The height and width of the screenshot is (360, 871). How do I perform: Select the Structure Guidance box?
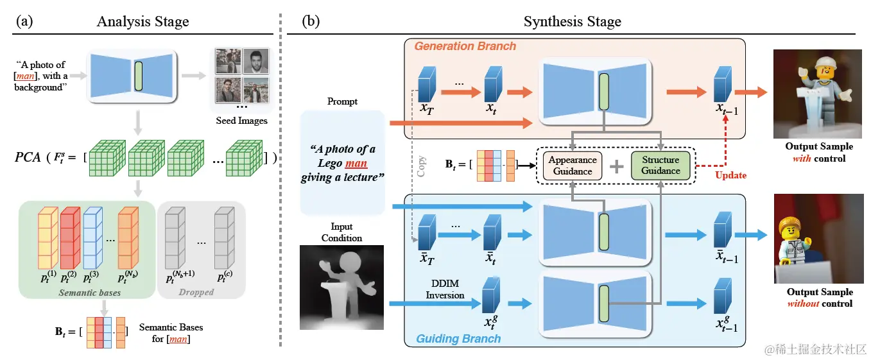click(x=660, y=165)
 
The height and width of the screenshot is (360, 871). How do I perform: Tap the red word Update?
click(x=731, y=175)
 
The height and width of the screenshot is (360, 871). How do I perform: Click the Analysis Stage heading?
click(x=143, y=22)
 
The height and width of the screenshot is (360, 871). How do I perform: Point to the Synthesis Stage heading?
click(x=572, y=22)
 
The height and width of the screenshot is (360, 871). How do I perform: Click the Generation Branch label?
click(x=465, y=46)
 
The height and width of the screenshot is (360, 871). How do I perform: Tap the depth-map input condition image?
click(x=341, y=287)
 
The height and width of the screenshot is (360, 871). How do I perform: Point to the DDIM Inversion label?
click(x=445, y=289)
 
